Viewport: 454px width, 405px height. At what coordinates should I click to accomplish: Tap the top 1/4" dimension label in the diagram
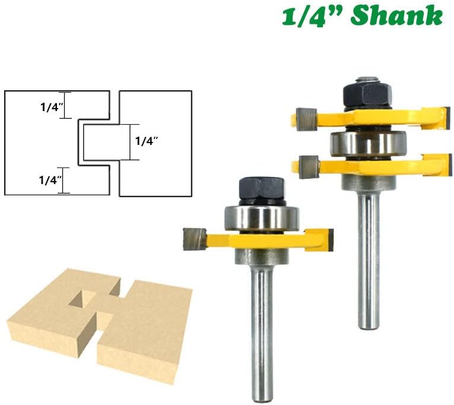[x=52, y=107]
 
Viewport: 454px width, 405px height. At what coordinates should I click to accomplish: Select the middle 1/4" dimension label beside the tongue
[x=147, y=141]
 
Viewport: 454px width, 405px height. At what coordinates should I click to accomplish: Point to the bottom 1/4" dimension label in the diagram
[x=50, y=181]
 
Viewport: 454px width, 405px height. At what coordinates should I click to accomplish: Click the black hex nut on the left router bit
[x=262, y=189]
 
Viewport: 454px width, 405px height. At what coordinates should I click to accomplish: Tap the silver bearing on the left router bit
[x=262, y=218]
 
